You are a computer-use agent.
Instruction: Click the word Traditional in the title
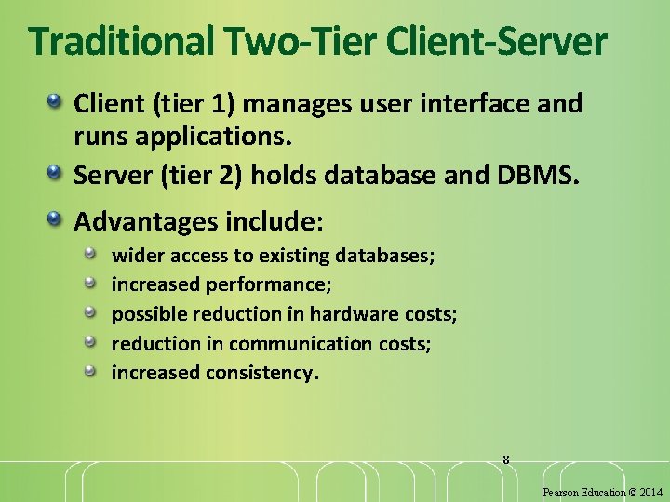coord(120,41)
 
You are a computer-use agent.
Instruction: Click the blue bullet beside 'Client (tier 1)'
coord(57,100)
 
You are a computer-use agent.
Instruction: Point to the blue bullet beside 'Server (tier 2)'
coord(57,172)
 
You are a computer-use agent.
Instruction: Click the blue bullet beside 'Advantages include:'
coord(57,219)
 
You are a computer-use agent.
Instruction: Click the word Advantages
coord(146,222)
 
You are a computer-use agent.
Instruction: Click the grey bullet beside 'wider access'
coord(91,252)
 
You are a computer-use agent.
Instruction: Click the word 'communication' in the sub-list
coord(300,344)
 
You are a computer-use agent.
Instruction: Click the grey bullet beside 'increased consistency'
coord(91,371)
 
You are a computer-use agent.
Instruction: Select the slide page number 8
coord(506,459)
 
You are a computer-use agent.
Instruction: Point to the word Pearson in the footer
coord(561,492)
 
